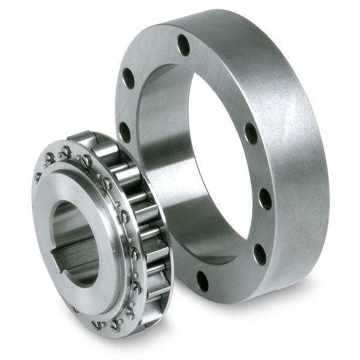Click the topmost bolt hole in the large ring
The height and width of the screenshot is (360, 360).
click(184, 45)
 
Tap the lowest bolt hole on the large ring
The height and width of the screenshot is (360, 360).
click(202, 281)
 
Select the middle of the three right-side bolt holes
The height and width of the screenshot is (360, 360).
click(265, 199)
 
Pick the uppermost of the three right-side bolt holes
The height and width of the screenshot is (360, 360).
click(251, 133)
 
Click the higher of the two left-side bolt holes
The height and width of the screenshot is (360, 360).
click(128, 78)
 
